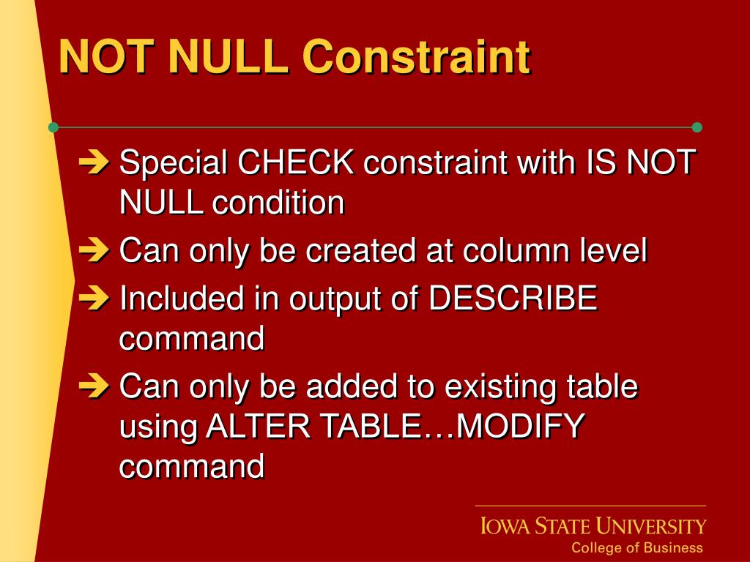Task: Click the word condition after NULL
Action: coord(278,203)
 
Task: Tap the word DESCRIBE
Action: coord(513,299)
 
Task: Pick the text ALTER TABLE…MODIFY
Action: coord(396,425)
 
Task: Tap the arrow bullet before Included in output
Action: coord(93,299)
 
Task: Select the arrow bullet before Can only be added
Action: coord(93,386)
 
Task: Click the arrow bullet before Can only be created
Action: coord(93,251)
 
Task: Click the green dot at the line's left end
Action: coord(53,127)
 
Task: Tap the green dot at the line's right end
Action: coord(697,127)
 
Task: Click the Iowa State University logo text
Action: coord(593,526)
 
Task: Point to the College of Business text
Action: coord(636,547)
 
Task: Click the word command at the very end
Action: coord(191,465)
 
